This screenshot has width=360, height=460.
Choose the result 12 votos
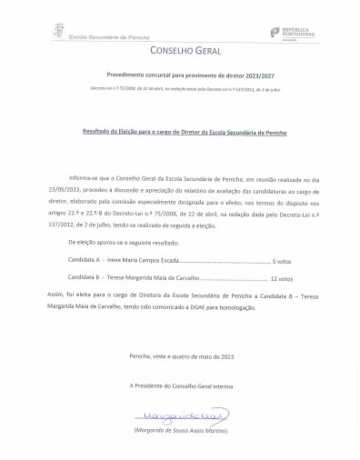click(282, 278)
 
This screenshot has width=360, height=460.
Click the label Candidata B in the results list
click(85, 278)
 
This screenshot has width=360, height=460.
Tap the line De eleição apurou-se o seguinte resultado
click(124, 243)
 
